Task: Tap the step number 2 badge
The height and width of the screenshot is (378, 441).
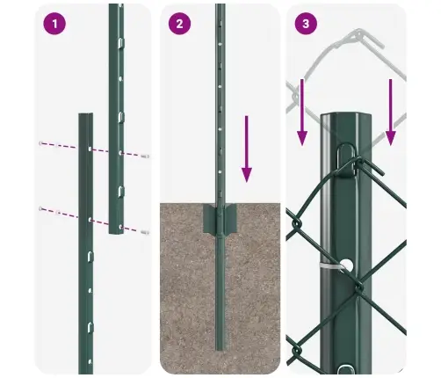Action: tap(179, 24)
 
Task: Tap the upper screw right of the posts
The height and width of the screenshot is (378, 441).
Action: tap(143, 156)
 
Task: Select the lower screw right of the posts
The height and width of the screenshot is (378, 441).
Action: tap(144, 232)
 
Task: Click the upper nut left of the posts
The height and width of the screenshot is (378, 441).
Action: tap(40, 143)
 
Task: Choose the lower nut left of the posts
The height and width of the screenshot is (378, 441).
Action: tap(40, 208)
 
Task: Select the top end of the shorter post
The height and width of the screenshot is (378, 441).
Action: tap(85, 116)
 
